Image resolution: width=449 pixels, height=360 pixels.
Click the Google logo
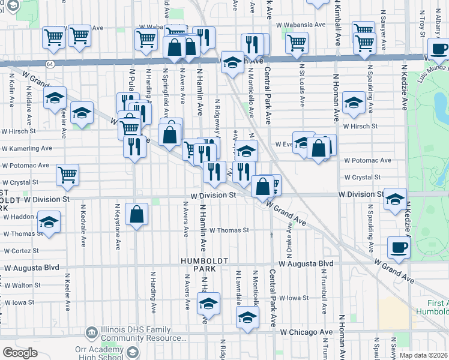point(20,353)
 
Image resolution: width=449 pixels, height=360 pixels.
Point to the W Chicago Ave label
point(306,332)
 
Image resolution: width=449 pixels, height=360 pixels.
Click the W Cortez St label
point(21,251)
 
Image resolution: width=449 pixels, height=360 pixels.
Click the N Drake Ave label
point(291,235)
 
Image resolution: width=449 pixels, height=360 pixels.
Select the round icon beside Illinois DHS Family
point(92,331)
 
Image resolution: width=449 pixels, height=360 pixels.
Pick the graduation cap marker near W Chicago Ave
point(247,317)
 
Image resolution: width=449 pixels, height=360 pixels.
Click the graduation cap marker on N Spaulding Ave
point(354,103)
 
